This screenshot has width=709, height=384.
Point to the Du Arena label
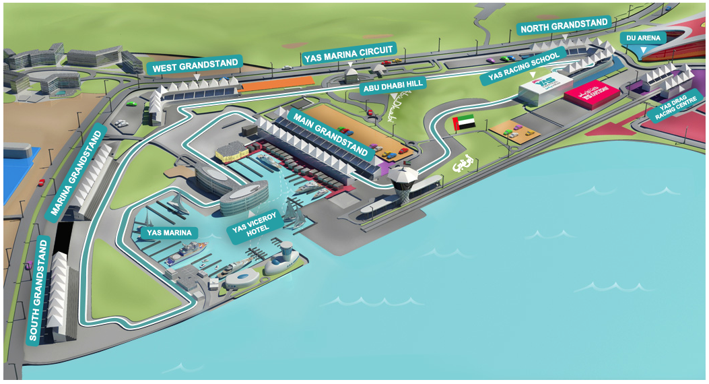pyautogui.click(x=642, y=38)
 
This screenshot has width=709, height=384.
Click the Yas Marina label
pyautogui.click(x=168, y=232)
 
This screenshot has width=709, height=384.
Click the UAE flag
pyautogui.click(x=465, y=123)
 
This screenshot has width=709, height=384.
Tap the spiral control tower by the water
pyautogui.click(x=403, y=185)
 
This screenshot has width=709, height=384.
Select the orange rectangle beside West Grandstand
pyautogui.click(x=275, y=84)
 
